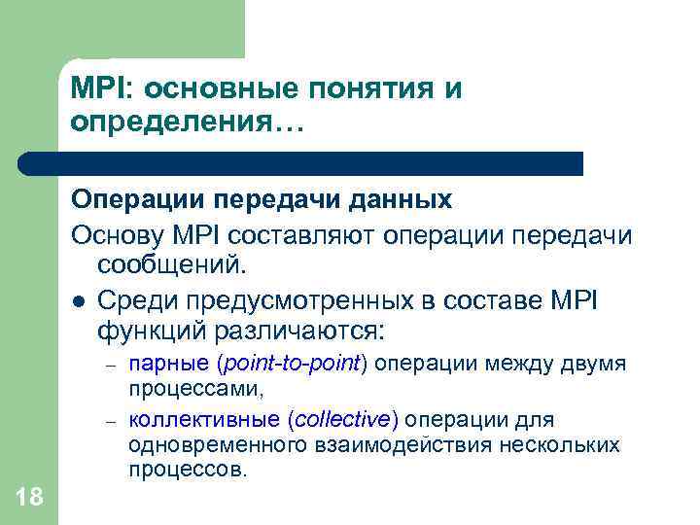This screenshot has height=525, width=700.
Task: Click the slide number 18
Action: coord(29,498)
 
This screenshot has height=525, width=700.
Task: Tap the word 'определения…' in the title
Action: coord(188,124)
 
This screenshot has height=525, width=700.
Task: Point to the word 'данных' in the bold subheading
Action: coord(401,200)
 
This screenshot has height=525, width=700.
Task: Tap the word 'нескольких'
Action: coord(562,445)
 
